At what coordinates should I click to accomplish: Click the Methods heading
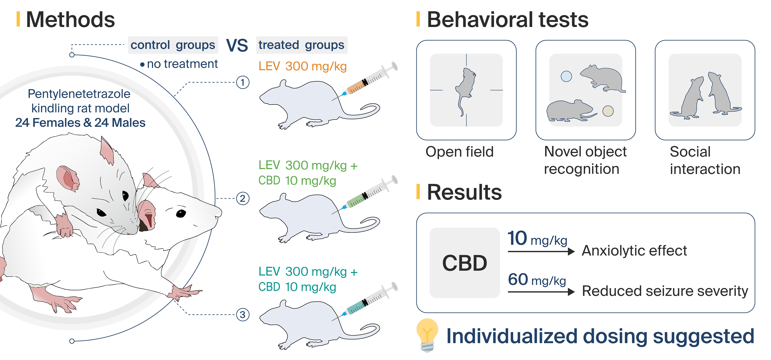pos(70,20)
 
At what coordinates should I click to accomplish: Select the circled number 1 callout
pos(243,82)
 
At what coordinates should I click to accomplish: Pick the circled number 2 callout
pos(243,198)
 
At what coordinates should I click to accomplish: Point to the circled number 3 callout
pos(243,315)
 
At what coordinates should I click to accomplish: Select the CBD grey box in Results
pos(465,263)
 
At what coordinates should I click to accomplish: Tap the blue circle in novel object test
pos(566,76)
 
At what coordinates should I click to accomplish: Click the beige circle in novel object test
pos(608,111)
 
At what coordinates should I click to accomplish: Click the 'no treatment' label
pos(182,64)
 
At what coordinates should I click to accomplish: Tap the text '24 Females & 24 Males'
pos(80,123)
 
